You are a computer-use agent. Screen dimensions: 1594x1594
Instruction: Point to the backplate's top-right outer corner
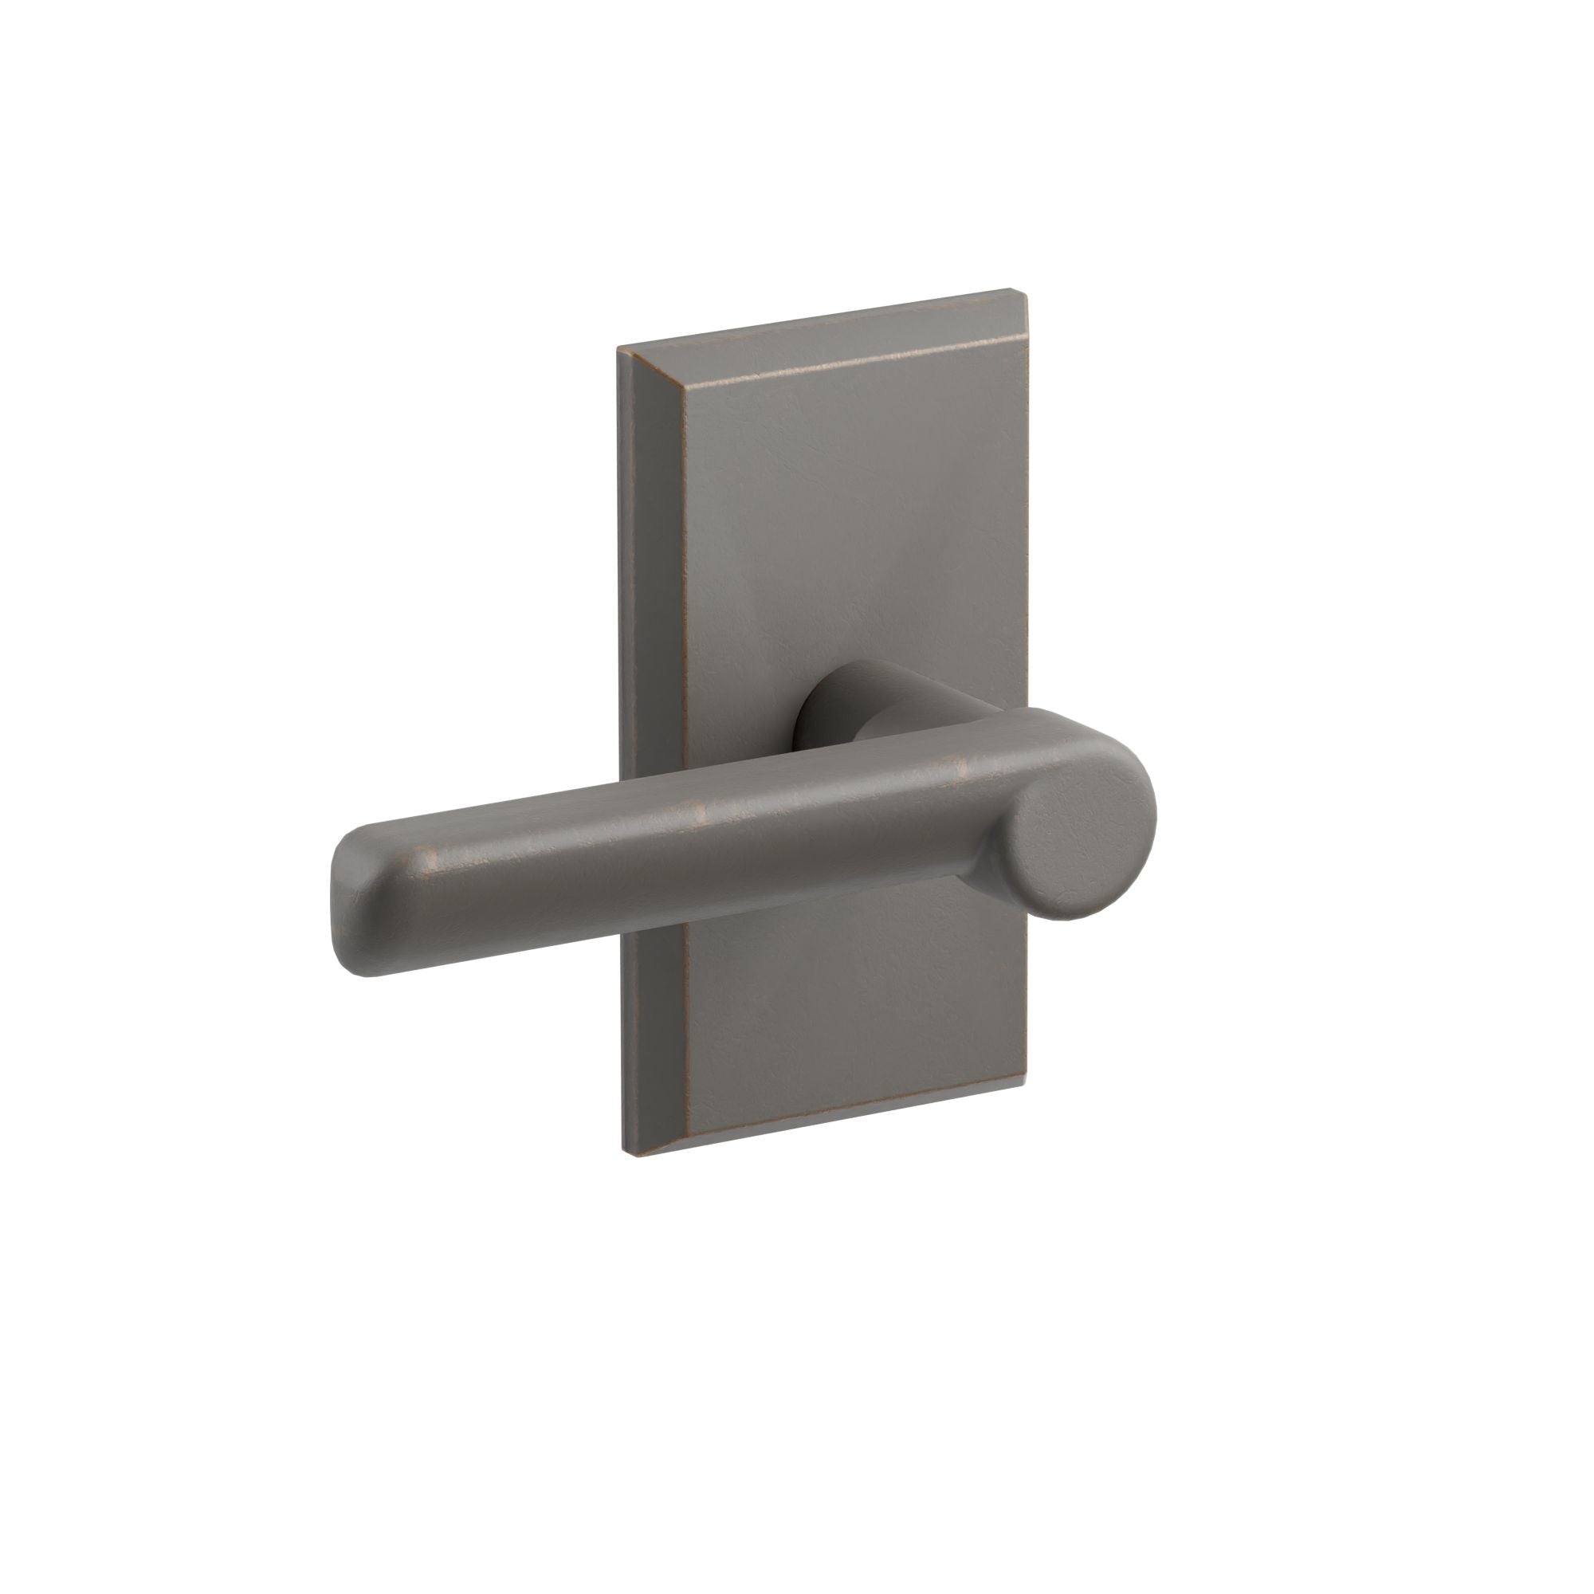(1028, 290)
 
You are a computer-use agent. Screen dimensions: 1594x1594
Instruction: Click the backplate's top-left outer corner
(618, 350)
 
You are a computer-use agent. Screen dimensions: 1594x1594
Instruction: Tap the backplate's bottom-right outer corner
(1027, 1081)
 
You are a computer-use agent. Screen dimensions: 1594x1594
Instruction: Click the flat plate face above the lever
(834, 512)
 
